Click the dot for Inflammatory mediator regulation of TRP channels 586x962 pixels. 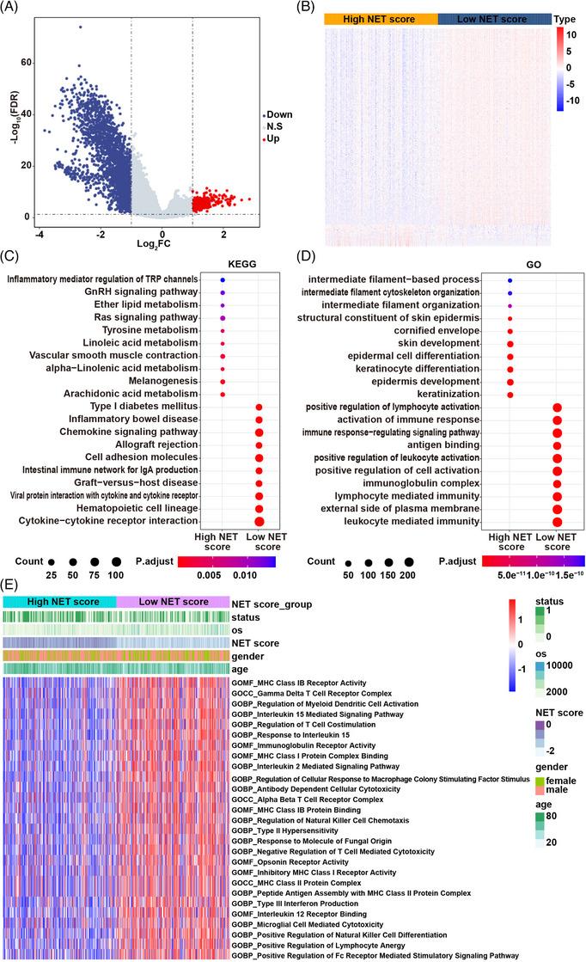[x=223, y=280]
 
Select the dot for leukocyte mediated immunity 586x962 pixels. [x=557, y=521]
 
